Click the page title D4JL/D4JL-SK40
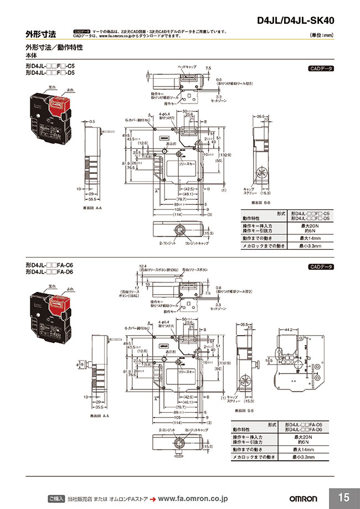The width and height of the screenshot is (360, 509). click(x=296, y=21)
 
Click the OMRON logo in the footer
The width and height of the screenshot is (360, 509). click(x=302, y=498)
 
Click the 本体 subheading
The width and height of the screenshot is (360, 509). click(x=32, y=56)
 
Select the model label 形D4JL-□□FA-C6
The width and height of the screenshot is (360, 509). click(x=49, y=265)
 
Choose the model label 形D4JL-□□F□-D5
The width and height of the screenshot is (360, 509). click(x=50, y=73)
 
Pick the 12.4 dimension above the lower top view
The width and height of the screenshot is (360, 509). click(x=142, y=266)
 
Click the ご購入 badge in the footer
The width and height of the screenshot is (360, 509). click(x=57, y=498)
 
